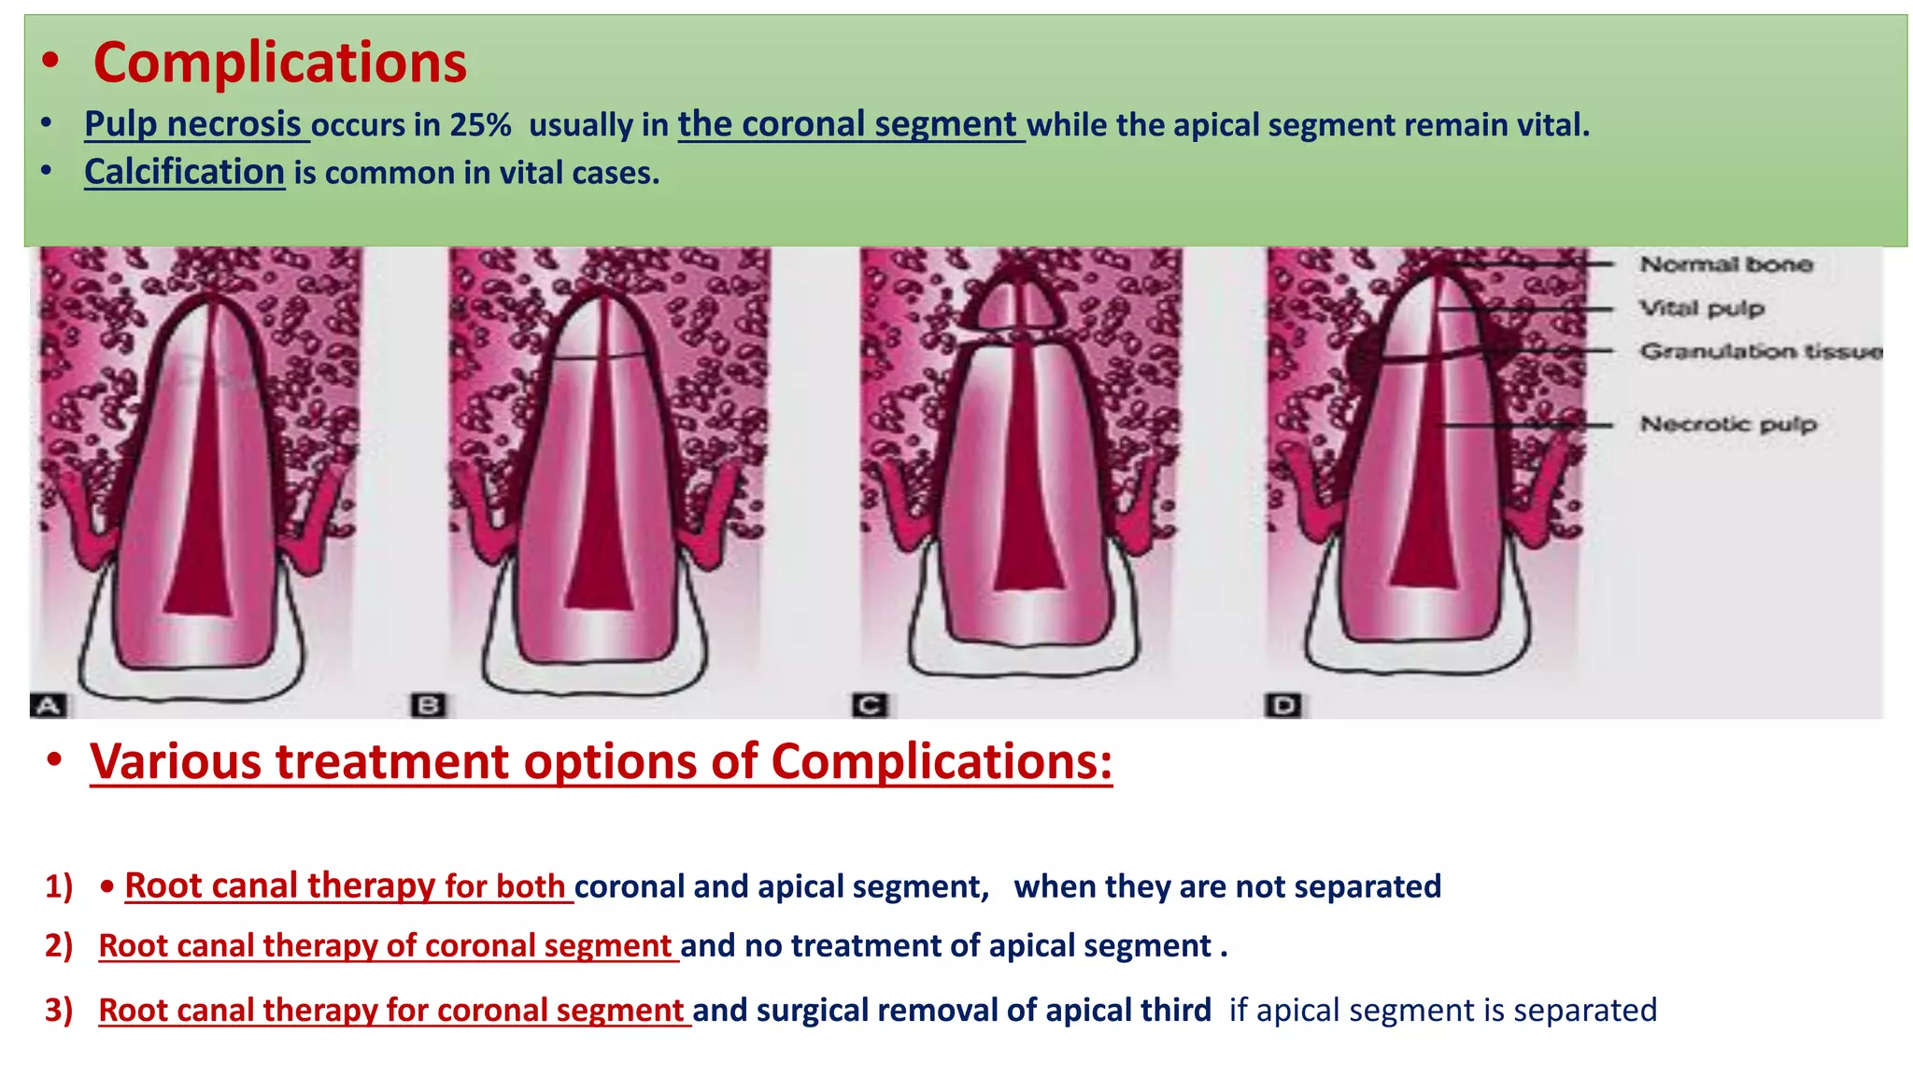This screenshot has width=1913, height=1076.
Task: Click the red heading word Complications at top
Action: [279, 63]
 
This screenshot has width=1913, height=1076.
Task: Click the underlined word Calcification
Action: [184, 172]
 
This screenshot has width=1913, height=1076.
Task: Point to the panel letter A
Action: [49, 705]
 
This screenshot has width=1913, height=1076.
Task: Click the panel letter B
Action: [429, 705]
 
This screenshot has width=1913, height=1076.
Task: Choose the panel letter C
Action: [869, 705]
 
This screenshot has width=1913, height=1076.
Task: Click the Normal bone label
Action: [1726, 264]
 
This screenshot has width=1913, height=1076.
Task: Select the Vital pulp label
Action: [1702, 308]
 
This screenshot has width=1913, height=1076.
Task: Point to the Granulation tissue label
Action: [1761, 351]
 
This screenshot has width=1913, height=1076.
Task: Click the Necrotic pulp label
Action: [1728, 424]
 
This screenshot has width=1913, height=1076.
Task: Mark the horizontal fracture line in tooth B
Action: [599, 358]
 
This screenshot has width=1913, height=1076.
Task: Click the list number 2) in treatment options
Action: [59, 945]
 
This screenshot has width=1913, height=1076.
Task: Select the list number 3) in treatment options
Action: [59, 1010]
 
